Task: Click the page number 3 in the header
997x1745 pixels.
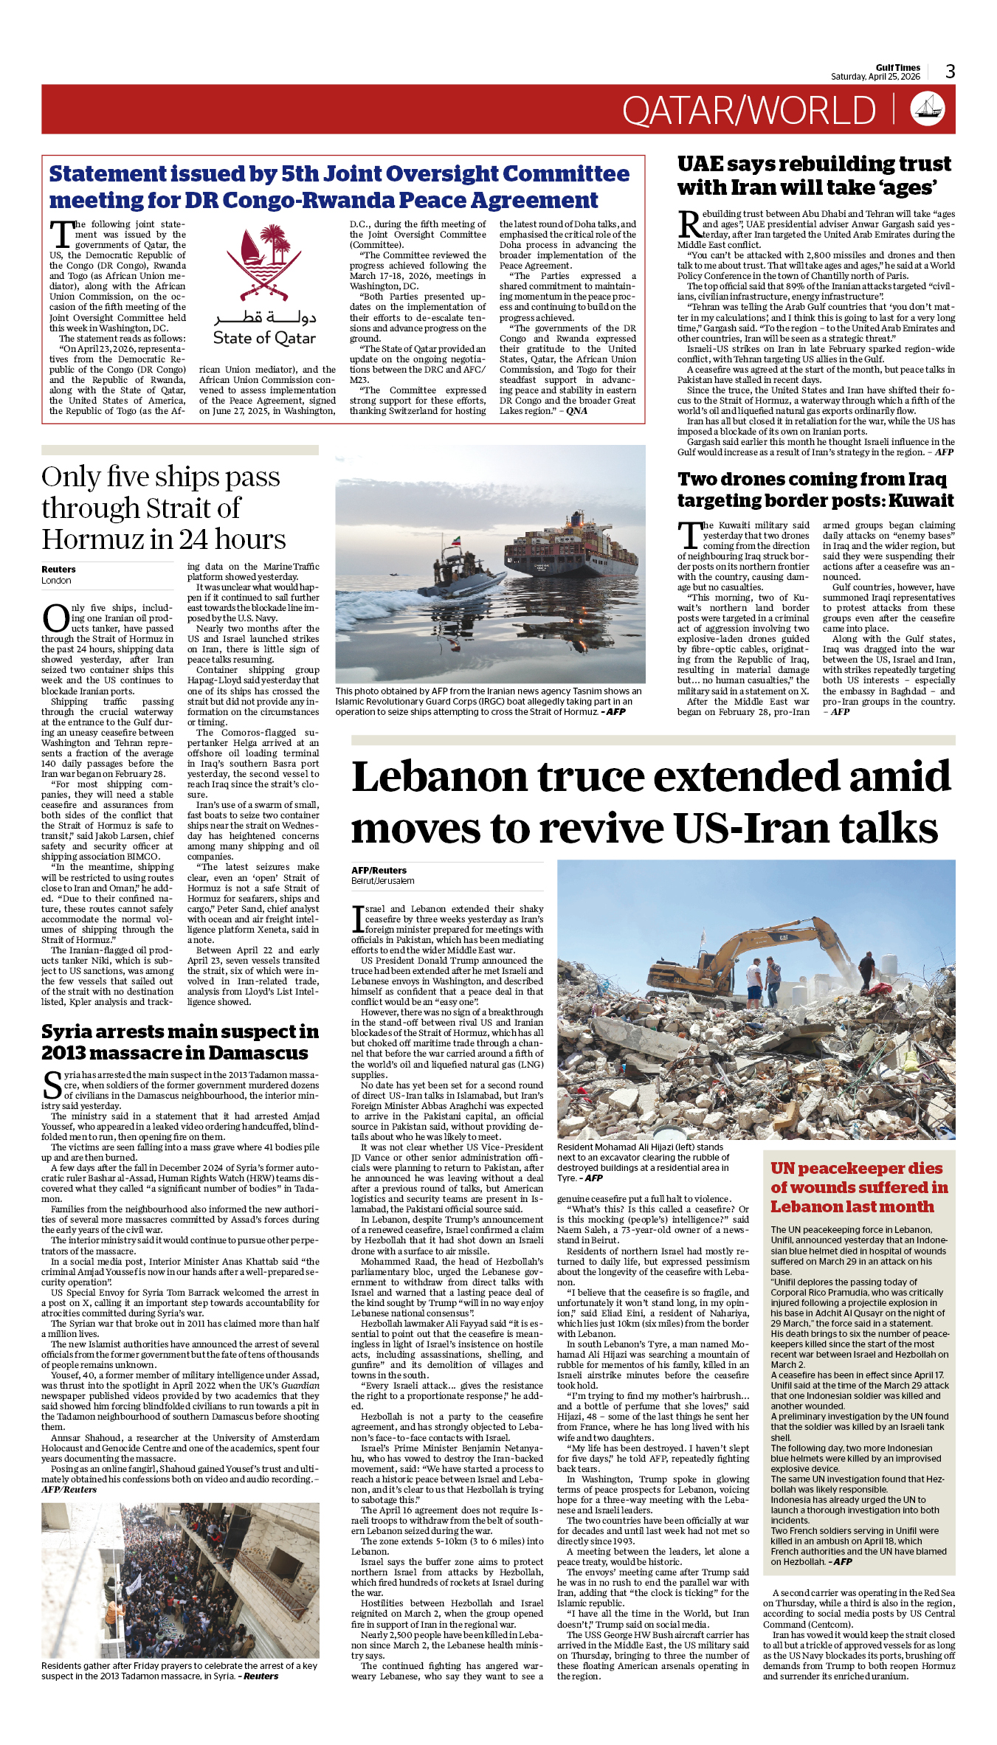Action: (x=950, y=71)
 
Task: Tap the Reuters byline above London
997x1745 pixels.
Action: (x=58, y=570)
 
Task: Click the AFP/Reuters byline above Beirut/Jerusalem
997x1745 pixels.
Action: (x=379, y=871)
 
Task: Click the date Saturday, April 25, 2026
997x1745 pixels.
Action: (x=875, y=77)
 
